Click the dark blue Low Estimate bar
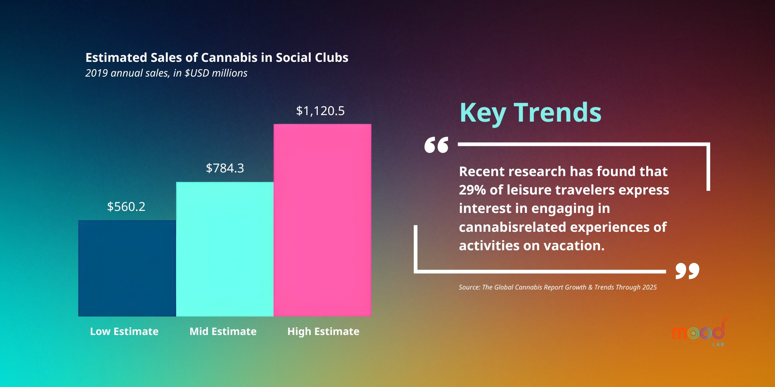[x=127, y=268]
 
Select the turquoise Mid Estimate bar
[x=225, y=249]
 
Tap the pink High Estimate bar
[x=322, y=220]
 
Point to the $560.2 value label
[x=126, y=206]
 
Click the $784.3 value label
[x=225, y=168]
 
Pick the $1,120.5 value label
[x=320, y=111]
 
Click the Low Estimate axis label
[x=124, y=331]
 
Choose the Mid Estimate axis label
[x=223, y=331]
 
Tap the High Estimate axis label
[x=323, y=331]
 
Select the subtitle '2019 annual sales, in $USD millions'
[x=166, y=73]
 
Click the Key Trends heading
[x=530, y=113]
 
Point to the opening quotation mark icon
[x=436, y=145]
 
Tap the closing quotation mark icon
[x=687, y=271]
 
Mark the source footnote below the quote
[x=558, y=287]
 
